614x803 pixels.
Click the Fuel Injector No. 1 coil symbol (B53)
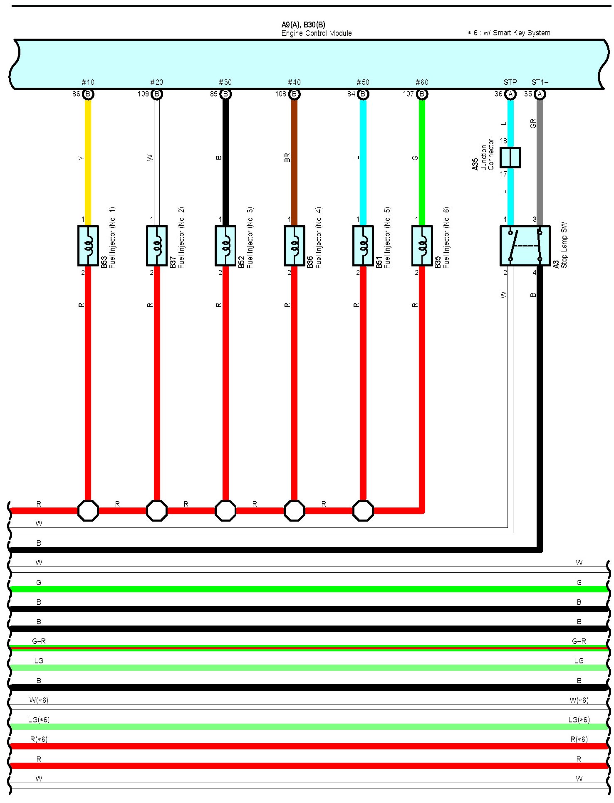[x=88, y=246]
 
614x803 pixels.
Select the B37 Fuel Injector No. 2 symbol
[x=157, y=246]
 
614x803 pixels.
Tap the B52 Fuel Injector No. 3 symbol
[x=225, y=246]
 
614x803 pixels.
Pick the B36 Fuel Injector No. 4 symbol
[x=294, y=246]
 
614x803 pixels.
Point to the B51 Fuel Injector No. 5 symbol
[x=363, y=246]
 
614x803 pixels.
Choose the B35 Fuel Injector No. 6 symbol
[x=422, y=246]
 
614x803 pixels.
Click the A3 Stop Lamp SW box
[x=525, y=246]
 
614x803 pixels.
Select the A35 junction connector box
[x=510, y=158]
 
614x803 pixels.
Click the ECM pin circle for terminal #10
[x=88, y=94]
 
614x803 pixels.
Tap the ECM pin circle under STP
[x=510, y=94]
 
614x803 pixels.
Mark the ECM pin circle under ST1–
[x=540, y=94]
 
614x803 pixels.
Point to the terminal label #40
[x=294, y=82]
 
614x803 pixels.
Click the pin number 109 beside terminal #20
[x=143, y=94]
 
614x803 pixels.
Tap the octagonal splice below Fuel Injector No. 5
[x=363, y=510]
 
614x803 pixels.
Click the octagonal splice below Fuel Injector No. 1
[x=88, y=510]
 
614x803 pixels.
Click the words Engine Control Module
[x=316, y=33]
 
